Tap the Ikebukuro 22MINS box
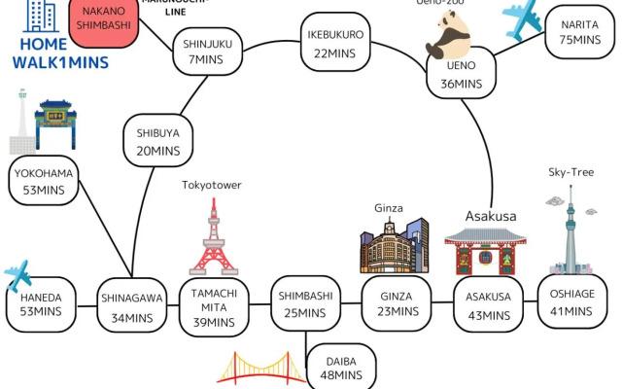click(x=336, y=41)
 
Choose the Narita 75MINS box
click(x=580, y=31)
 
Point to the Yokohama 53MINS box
click(x=44, y=182)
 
